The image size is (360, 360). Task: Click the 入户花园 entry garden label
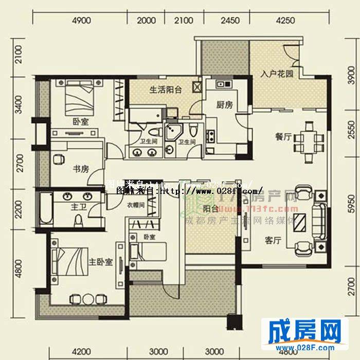(276, 74)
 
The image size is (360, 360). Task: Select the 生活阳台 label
(166, 89)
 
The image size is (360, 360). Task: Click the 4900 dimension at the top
(81, 21)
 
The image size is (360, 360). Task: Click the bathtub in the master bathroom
(45, 208)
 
